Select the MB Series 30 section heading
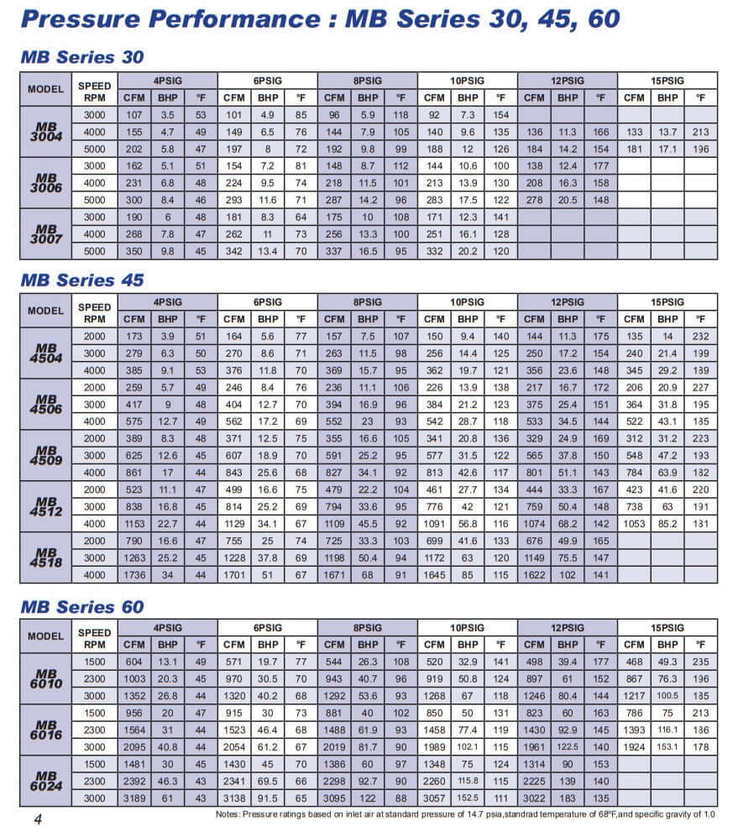(x=82, y=57)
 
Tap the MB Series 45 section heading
(x=82, y=280)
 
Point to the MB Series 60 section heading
(x=82, y=606)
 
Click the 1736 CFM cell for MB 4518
(x=134, y=575)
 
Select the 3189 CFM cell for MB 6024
(x=134, y=798)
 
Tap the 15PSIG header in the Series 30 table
(x=668, y=80)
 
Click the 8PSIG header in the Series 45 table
(x=368, y=301)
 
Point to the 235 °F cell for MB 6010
(x=700, y=662)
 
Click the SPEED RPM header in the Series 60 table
(x=95, y=636)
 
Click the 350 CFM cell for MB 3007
(x=134, y=252)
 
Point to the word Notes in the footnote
(x=229, y=814)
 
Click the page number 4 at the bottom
(x=38, y=819)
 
